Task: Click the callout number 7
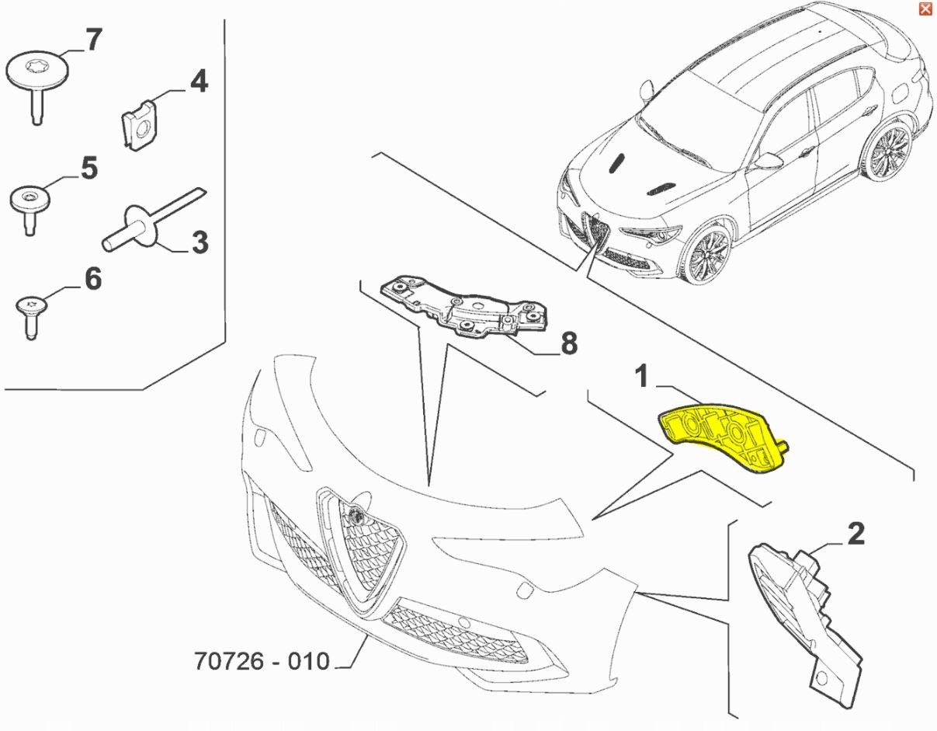click(x=93, y=40)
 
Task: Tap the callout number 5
click(x=88, y=169)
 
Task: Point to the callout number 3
click(x=200, y=242)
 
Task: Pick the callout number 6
click(x=93, y=279)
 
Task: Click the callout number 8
click(x=569, y=343)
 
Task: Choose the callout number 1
click(x=642, y=375)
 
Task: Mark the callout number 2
click(x=856, y=534)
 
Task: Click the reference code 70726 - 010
click(x=262, y=660)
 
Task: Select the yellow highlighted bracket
click(x=724, y=437)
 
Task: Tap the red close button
click(x=925, y=9)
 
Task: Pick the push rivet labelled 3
click(x=154, y=220)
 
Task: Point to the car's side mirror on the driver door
click(x=769, y=161)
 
